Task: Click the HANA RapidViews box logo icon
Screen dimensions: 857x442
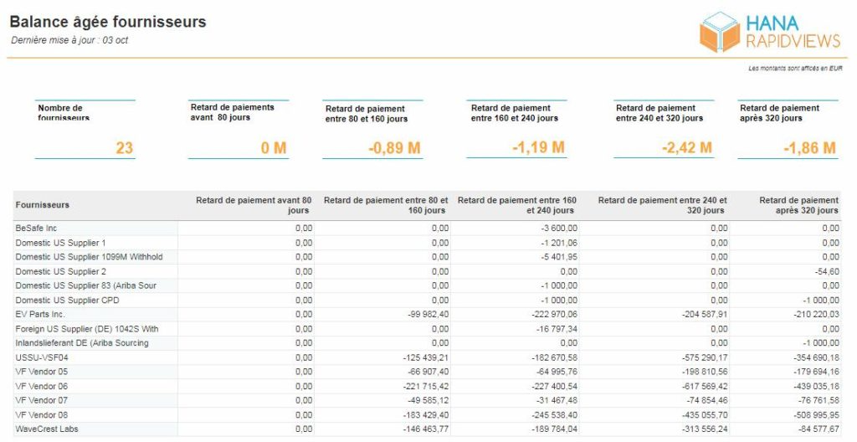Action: (720, 32)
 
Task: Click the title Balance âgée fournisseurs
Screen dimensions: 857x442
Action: (108, 23)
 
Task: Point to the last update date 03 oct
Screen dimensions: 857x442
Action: (115, 40)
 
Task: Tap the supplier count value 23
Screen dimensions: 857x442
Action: (125, 147)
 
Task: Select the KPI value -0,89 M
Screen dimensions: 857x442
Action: (395, 147)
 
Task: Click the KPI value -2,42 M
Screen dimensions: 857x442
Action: (687, 147)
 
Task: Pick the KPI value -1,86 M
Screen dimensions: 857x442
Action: (810, 147)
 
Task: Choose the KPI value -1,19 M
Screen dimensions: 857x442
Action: (538, 147)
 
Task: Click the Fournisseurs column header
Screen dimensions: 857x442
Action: (43, 205)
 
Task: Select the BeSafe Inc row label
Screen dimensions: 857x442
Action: (36, 228)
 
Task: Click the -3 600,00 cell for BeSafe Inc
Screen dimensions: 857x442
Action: (557, 228)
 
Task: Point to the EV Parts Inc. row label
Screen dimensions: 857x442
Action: (40, 315)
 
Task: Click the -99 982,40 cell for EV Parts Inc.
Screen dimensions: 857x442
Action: (428, 315)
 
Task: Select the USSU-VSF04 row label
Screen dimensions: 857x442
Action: (42, 357)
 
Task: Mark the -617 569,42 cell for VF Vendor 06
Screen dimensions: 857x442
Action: (705, 386)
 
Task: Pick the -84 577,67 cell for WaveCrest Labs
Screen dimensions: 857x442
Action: (817, 429)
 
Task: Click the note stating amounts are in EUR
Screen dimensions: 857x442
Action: (795, 69)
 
